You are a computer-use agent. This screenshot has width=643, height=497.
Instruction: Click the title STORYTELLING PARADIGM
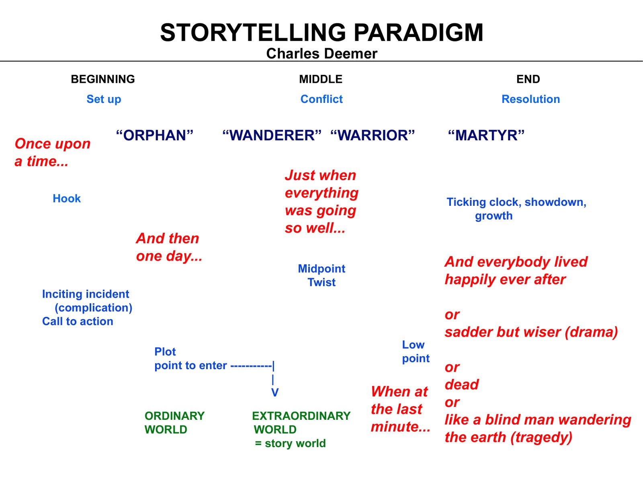pos(321,33)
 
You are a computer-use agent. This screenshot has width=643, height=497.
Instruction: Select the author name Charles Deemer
pos(321,53)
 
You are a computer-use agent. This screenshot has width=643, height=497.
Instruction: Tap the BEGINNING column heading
pos(103,79)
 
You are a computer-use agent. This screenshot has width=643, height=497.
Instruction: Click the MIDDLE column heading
pos(321,79)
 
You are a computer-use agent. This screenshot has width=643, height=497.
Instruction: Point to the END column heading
pos(528,79)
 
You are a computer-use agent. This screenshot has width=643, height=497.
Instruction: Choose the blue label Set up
pos(104,99)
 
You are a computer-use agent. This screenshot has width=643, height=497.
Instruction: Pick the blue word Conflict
pos(321,99)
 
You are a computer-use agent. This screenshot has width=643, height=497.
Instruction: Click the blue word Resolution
pos(530,99)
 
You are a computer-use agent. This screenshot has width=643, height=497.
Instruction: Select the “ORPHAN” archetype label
pos(155,136)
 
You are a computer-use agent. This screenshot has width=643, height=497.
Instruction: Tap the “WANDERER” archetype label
pos(272,136)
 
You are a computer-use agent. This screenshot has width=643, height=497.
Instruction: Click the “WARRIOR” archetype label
pos(373,136)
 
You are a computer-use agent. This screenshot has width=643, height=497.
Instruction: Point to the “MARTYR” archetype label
pos(486,136)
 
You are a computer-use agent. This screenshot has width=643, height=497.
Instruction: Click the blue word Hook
pos(67,199)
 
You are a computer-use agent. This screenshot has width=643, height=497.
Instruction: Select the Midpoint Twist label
pos(321,275)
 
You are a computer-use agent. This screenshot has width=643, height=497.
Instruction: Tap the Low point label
pos(416,351)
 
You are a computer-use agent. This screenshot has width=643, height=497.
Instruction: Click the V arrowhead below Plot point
pos(275,393)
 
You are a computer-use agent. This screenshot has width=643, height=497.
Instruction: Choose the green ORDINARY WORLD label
pos(174,423)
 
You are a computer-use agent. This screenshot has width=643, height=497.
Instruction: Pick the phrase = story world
pos(290,444)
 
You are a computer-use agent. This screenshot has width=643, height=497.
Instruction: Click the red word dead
pos(462,385)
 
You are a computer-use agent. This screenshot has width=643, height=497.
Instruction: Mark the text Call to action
pos(78,322)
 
